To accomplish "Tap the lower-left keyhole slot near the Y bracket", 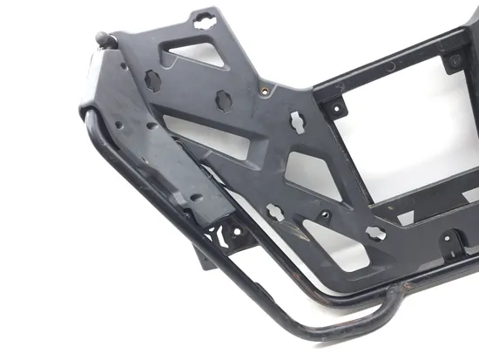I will tap(274, 212).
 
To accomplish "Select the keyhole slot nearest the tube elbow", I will tap(375, 233).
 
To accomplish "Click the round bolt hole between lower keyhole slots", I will tap(324, 214).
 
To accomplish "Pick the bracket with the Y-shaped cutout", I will tap(232, 234).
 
